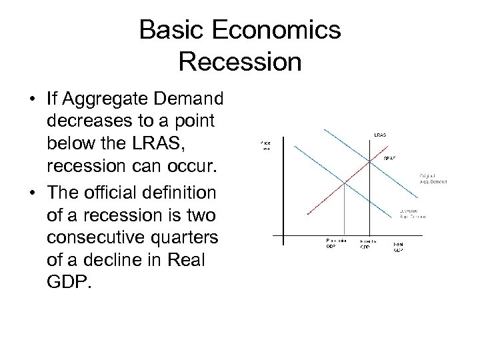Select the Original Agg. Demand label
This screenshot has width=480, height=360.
click(x=433, y=178)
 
